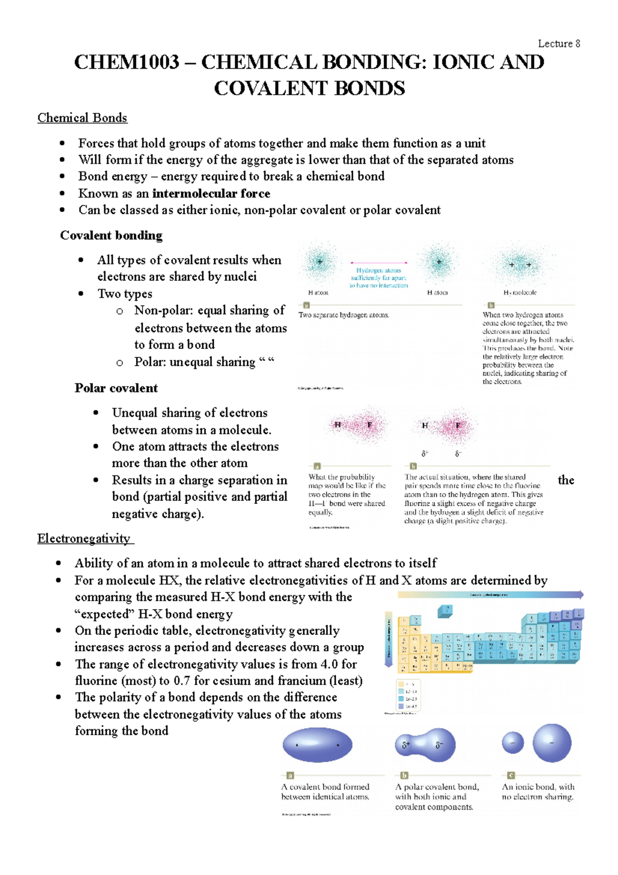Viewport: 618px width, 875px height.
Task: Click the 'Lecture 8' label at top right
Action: click(x=559, y=44)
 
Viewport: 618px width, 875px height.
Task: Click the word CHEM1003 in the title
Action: click(x=127, y=62)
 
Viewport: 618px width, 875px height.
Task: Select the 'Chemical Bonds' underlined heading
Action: click(x=82, y=118)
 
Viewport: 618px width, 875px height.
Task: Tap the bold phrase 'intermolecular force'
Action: click(x=211, y=194)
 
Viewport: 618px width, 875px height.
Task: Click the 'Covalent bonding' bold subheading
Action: click(x=111, y=235)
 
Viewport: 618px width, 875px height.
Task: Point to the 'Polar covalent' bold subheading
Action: click(x=116, y=388)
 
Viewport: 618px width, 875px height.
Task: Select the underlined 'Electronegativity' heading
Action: click(x=84, y=539)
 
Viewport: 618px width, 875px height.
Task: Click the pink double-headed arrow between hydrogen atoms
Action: click(x=379, y=262)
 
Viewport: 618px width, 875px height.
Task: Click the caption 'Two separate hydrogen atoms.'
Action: click(x=344, y=315)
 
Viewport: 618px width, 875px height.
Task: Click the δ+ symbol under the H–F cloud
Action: click(x=425, y=454)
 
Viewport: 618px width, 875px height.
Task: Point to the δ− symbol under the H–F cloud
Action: click(x=458, y=454)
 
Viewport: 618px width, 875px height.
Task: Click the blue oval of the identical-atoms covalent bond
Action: click(x=317, y=745)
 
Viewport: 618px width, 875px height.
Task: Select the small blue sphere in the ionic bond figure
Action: click(x=512, y=743)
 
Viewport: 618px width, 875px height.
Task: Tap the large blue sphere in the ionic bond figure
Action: click(x=552, y=743)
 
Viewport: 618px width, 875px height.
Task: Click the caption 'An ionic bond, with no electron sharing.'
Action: click(x=538, y=792)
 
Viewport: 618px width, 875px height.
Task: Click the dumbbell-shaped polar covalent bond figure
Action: click(x=425, y=745)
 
